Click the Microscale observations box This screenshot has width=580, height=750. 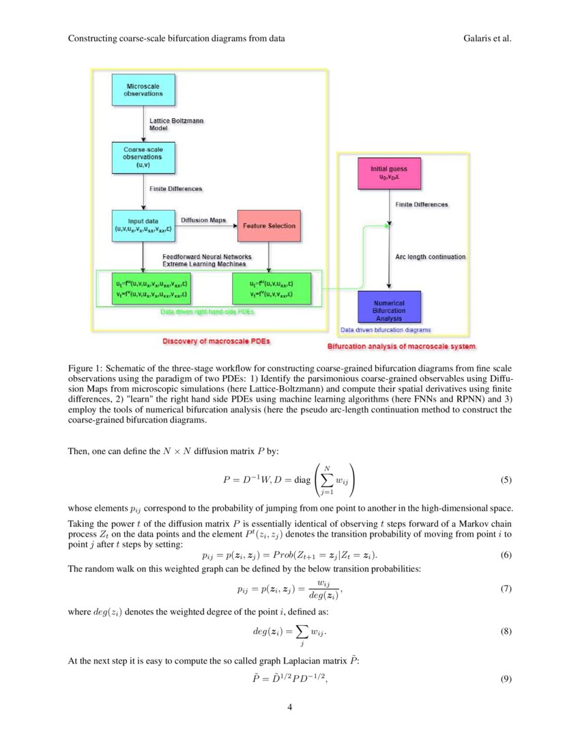[x=143, y=89]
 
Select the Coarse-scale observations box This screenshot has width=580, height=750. [x=143, y=156]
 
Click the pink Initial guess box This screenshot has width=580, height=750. [x=390, y=173]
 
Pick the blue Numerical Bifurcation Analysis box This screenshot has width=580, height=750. [x=390, y=307]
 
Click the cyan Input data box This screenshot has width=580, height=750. [x=143, y=226]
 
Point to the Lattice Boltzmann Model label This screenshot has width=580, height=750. [x=177, y=124]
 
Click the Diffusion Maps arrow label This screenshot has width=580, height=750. [x=203, y=220]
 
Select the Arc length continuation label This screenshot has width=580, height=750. [x=431, y=257]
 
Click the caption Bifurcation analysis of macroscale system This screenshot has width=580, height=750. [x=401, y=346]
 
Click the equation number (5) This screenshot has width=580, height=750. [x=505, y=479]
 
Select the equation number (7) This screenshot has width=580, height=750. [x=505, y=588]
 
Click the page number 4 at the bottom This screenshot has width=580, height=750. [x=290, y=706]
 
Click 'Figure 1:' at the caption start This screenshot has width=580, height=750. [x=86, y=368]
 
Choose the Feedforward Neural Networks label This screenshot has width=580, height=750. [x=197, y=257]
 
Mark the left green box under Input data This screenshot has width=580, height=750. [x=143, y=288]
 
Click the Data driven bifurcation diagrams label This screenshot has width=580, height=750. [x=385, y=330]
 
